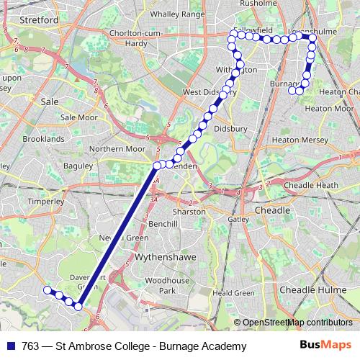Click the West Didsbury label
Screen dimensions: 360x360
point(207,92)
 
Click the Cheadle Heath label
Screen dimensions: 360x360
point(310,185)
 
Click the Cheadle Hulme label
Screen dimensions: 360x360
point(315,289)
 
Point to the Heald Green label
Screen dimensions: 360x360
point(234,293)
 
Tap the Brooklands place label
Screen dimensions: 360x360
point(43,138)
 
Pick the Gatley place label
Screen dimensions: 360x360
point(238,219)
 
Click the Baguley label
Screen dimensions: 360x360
point(78,166)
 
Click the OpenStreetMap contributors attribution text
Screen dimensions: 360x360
point(297,322)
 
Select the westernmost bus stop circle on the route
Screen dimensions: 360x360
point(47,290)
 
